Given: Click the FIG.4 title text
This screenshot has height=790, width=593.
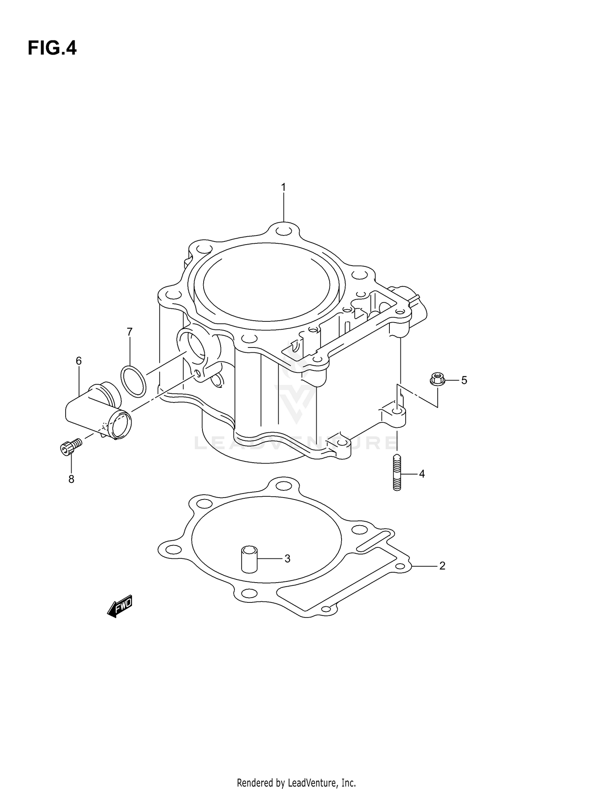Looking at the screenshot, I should pos(52,48).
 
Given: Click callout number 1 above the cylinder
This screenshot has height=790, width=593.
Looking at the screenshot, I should pos(283,187).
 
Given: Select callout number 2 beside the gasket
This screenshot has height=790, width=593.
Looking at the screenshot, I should pos(442,566).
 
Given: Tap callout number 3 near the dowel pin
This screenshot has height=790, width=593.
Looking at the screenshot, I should pos(287,558).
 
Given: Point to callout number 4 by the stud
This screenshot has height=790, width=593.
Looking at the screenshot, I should pos(422,474).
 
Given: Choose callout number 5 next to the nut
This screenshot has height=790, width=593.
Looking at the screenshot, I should pos(464,380).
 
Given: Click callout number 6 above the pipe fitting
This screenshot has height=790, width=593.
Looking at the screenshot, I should pos(79,361).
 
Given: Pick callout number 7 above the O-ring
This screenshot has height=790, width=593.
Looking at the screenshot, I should pos(130,332).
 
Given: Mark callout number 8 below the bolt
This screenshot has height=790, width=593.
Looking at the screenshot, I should pos(71,479).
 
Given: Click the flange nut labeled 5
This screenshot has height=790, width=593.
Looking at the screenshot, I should pos(437,379).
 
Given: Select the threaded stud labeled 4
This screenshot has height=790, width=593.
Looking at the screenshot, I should pos(397,473).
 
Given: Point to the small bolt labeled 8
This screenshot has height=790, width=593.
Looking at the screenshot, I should pos(70,446).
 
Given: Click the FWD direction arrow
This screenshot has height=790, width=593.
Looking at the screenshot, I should pos(120,606).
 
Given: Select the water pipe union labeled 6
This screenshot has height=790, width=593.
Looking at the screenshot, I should pos(99,414).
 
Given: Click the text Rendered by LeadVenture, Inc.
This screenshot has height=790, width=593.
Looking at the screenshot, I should pos(296,771).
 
